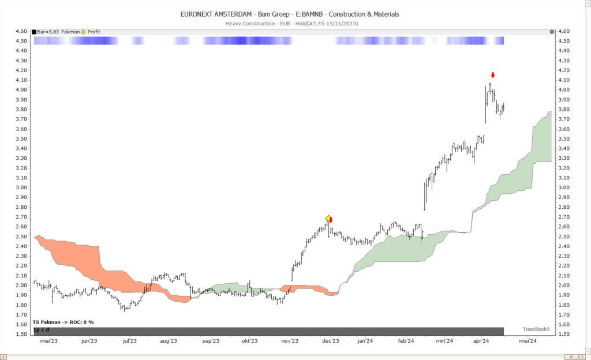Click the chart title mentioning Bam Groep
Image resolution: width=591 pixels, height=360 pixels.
pyautogui.click(x=289, y=14)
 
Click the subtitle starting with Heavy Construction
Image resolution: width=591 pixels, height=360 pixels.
pyautogui.click(x=289, y=23)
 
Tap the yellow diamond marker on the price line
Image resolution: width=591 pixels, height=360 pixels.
pyautogui.click(x=328, y=218)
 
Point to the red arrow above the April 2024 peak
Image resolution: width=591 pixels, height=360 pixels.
pyautogui.click(x=493, y=75)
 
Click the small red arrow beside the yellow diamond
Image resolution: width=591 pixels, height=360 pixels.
pyautogui.click(x=331, y=220)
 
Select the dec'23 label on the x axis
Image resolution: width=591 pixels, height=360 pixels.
pyautogui.click(x=330, y=341)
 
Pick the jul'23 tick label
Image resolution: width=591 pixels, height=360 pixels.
pyautogui.click(x=129, y=341)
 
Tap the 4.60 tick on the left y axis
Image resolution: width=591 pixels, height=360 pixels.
pyautogui.click(x=21, y=31)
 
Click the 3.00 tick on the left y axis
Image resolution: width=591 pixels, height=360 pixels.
pyautogui.click(x=21, y=187)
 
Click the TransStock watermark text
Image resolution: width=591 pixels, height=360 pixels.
pyautogui.click(x=536, y=329)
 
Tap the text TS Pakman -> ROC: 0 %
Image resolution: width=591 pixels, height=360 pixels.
pyautogui.click(x=63, y=322)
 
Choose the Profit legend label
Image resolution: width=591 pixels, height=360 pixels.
pyautogui.click(x=93, y=32)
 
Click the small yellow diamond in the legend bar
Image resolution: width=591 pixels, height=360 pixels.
pyautogui.click(x=83, y=32)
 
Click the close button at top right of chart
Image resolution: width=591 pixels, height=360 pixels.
pyautogui.click(x=552, y=32)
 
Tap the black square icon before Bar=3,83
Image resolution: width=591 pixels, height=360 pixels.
pyautogui.click(x=34, y=32)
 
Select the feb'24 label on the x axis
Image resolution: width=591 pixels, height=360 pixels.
pyautogui.click(x=406, y=341)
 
